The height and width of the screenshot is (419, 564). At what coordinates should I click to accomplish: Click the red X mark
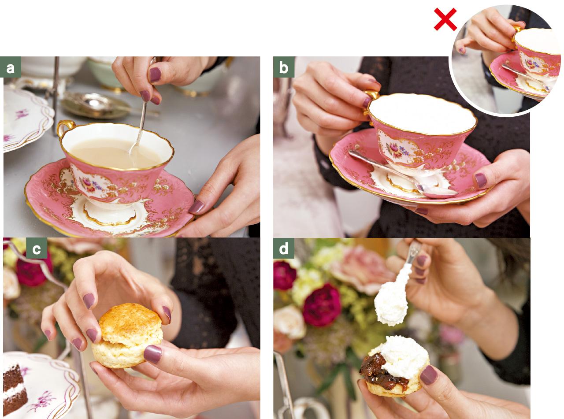click(445, 19)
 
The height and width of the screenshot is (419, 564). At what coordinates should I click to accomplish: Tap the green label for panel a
click(11, 67)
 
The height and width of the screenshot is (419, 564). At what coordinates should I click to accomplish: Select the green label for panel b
click(283, 67)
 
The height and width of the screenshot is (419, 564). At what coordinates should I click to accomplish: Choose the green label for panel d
click(283, 248)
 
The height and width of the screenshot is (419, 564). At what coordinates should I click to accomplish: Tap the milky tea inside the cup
click(116, 153)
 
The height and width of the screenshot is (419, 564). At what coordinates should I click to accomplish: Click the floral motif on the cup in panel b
click(397, 149)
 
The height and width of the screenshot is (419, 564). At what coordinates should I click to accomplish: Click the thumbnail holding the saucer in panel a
click(196, 207)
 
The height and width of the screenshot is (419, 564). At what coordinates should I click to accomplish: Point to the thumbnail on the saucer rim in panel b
click(481, 180)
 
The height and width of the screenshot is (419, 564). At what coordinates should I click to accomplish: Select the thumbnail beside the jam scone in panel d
click(428, 375)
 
